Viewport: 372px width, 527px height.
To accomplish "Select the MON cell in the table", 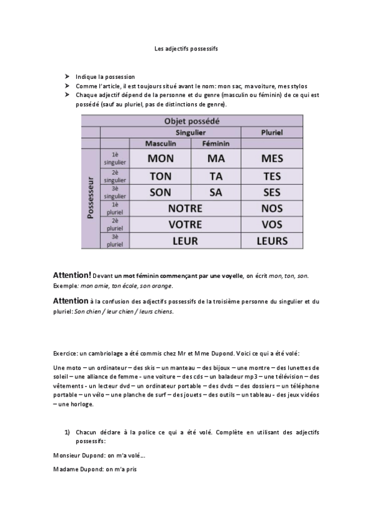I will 160,158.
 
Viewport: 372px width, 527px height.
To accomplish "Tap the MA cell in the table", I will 215,158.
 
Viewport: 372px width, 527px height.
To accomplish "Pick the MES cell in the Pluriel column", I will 271,158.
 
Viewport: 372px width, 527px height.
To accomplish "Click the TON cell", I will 160,176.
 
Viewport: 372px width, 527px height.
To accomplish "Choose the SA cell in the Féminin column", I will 215,193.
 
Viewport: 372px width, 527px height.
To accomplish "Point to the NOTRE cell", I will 185,208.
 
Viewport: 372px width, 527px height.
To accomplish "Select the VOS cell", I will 271,224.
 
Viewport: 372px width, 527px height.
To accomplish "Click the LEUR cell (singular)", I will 185,241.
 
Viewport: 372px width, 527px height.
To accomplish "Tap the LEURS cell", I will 271,241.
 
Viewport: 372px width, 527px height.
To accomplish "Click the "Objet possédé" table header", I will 191,121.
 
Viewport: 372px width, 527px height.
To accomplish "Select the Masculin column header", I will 161,144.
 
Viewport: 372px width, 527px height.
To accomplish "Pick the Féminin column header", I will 215,144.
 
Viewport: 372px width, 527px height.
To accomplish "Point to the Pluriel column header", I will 271,132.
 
